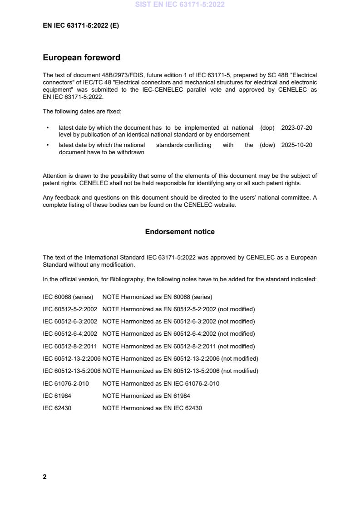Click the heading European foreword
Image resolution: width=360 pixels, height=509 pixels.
tap(81, 58)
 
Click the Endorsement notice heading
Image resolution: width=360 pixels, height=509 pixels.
tap(180, 232)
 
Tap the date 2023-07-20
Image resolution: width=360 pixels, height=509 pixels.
tap(296, 128)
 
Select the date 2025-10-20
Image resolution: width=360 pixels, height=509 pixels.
tap(296, 145)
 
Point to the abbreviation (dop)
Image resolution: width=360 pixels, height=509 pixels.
tap(267, 128)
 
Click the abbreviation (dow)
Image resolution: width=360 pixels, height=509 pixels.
tap(267, 145)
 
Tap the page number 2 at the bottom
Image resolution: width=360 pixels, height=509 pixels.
tap(44, 477)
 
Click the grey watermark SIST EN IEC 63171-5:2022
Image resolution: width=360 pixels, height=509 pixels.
tap(180, 5)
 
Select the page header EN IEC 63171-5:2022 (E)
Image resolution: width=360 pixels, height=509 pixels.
tap(81, 26)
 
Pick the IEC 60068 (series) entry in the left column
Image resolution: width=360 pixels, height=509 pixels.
tap(68, 297)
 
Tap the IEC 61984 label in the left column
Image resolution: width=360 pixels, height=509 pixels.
tap(57, 396)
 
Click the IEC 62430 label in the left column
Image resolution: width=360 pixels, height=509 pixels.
tap(57, 408)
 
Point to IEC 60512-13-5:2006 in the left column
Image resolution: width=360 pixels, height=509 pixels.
tap(72, 371)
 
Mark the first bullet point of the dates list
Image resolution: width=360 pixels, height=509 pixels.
tap(48, 128)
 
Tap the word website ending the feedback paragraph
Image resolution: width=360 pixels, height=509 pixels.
tap(225, 205)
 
